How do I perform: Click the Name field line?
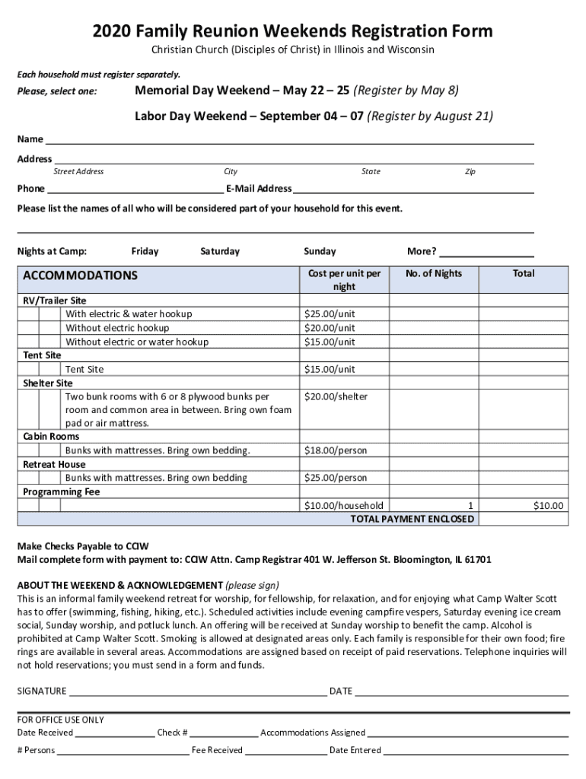click(x=289, y=141)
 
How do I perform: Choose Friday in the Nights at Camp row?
click(x=145, y=251)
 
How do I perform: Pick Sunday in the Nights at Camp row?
click(x=320, y=251)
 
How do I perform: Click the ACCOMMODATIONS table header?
click(x=81, y=275)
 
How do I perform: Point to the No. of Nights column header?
click(x=434, y=274)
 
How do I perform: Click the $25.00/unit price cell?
click(x=330, y=314)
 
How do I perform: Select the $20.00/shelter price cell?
click(x=336, y=397)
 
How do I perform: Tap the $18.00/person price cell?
click(x=336, y=450)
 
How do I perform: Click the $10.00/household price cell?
click(x=343, y=506)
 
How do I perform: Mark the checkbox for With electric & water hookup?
click(x=50, y=314)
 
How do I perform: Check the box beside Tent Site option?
click(x=50, y=370)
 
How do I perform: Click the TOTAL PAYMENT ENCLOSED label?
click(x=412, y=519)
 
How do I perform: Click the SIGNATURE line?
click(x=198, y=691)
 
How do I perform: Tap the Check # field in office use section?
click(x=224, y=733)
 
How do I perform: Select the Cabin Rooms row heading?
click(x=51, y=437)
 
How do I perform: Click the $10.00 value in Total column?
click(x=548, y=506)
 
